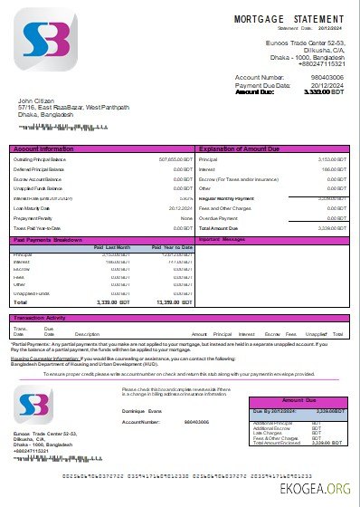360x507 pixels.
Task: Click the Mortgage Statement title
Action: click(x=289, y=18)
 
